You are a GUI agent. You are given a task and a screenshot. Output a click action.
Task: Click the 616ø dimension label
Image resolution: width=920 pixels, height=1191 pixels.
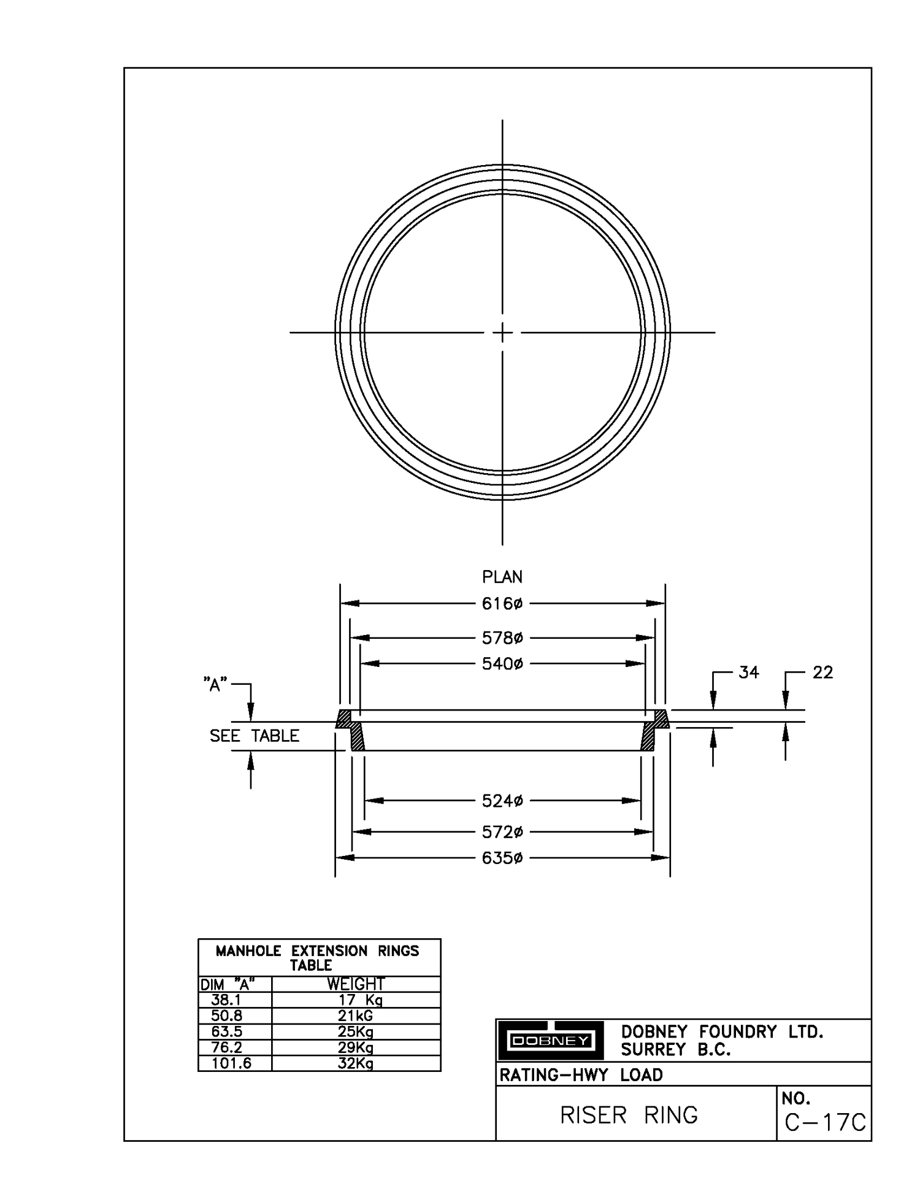coord(502,604)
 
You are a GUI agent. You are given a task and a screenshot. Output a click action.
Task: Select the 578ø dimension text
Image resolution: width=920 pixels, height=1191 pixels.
coord(502,638)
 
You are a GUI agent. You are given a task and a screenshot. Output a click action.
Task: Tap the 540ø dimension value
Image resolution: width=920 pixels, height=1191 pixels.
coord(502,664)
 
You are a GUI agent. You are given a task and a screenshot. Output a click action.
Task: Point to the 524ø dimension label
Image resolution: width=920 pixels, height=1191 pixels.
coord(502,801)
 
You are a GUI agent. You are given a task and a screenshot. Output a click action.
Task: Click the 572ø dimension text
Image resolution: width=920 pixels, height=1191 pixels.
coord(502,832)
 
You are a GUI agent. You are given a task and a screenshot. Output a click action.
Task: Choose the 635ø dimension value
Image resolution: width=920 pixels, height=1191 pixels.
coord(502,858)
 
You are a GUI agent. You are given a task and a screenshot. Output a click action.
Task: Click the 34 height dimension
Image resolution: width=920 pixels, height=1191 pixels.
coord(748,673)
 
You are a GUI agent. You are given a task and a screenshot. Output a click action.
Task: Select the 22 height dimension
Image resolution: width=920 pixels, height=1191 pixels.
coord(822,673)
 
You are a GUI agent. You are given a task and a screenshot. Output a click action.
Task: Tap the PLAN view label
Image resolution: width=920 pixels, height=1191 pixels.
coord(502,577)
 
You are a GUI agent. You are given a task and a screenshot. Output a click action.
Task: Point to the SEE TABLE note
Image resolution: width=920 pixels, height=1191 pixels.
coord(254,736)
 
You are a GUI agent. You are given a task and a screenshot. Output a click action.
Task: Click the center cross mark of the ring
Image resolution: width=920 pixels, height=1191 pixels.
coord(502,333)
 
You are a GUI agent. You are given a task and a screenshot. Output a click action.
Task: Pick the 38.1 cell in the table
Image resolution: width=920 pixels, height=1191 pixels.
coord(226,1000)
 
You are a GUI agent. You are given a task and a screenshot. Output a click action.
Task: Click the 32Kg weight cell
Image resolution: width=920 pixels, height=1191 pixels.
coord(355,1063)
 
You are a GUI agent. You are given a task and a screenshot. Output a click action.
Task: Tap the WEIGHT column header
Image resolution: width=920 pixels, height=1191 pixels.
coord(355,984)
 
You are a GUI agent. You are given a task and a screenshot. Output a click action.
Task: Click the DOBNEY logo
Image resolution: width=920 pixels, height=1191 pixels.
coord(550,1041)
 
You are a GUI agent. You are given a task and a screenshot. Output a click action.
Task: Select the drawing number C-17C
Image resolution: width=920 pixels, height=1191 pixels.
coord(825,1122)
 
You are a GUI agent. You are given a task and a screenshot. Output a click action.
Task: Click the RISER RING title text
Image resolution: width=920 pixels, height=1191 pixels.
coord(629,1115)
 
